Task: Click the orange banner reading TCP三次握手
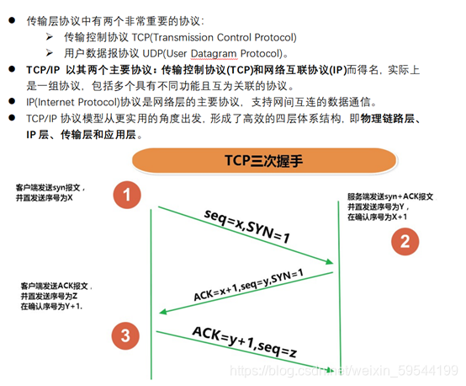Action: click(264, 160)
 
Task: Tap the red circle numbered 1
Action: click(127, 195)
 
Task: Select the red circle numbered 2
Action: click(405, 241)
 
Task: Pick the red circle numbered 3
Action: click(125, 335)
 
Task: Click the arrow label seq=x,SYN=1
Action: click(247, 227)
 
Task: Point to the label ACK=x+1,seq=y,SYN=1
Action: click(248, 284)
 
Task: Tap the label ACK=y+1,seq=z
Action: click(245, 342)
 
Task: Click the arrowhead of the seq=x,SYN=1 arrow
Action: click(330, 262)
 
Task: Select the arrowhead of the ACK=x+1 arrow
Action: click(163, 312)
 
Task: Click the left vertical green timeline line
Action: click(151, 294)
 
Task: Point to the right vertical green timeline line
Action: click(339, 286)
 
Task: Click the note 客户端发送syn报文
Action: click(50, 192)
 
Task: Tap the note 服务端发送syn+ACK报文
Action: click(391, 206)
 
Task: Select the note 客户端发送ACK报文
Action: click(56, 296)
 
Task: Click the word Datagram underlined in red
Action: click(214, 54)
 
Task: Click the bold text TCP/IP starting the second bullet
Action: click(43, 70)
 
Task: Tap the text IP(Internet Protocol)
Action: click(73, 102)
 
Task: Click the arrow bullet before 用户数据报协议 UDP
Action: click(50, 53)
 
